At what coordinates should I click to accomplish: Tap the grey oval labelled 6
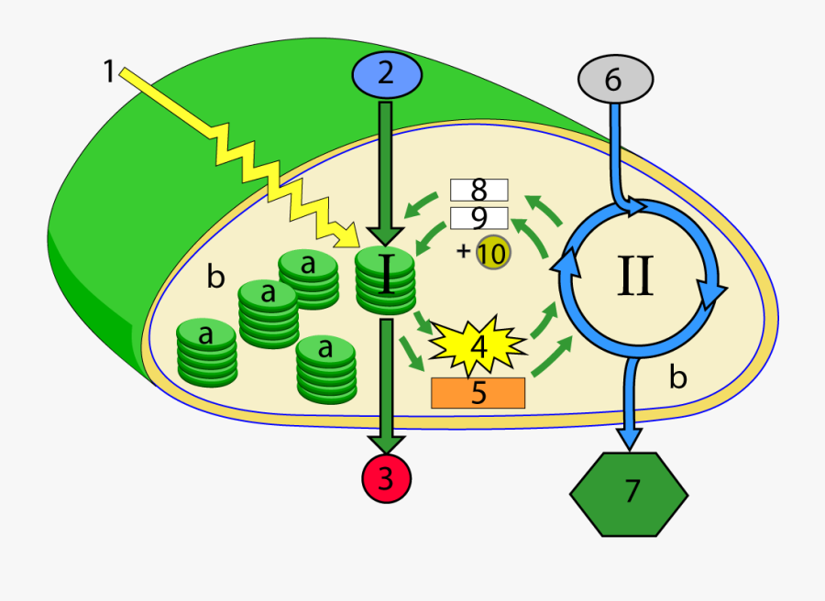(614, 80)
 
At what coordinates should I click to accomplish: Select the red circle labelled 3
(387, 478)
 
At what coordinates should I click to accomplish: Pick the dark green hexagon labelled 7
(629, 493)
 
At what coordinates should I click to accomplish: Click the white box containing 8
(478, 190)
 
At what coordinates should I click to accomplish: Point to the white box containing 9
(478, 218)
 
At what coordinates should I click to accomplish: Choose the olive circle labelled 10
(492, 253)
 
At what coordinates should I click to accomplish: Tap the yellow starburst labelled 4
(478, 345)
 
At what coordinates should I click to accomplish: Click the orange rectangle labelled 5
(478, 392)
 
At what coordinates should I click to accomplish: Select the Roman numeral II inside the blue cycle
(635, 274)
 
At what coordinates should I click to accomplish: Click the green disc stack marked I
(386, 279)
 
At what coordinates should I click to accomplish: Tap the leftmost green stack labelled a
(206, 353)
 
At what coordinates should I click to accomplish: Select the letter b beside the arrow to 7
(677, 377)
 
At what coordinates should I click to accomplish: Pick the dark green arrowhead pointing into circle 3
(387, 442)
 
